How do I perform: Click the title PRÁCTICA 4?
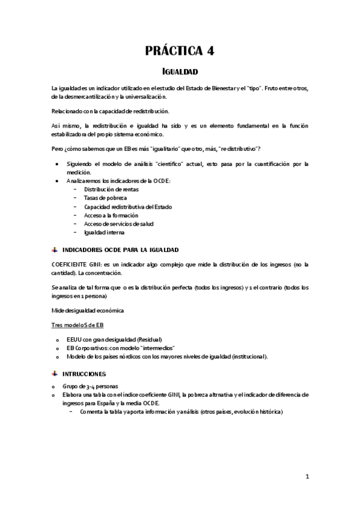click(x=180, y=51)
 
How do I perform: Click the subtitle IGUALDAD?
click(x=180, y=71)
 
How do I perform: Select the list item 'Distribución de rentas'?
click(x=111, y=189)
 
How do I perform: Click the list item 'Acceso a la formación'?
click(x=111, y=215)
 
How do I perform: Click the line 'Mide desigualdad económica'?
click(x=87, y=310)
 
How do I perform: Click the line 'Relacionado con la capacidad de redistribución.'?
click(x=111, y=111)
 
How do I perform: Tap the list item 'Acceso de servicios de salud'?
click(x=118, y=224)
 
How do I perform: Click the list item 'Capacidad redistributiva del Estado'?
click(x=128, y=206)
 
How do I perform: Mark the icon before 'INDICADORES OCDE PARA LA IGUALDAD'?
click(x=55, y=249)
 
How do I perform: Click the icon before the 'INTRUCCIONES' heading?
click(x=55, y=373)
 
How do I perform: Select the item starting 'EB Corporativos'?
click(x=121, y=348)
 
